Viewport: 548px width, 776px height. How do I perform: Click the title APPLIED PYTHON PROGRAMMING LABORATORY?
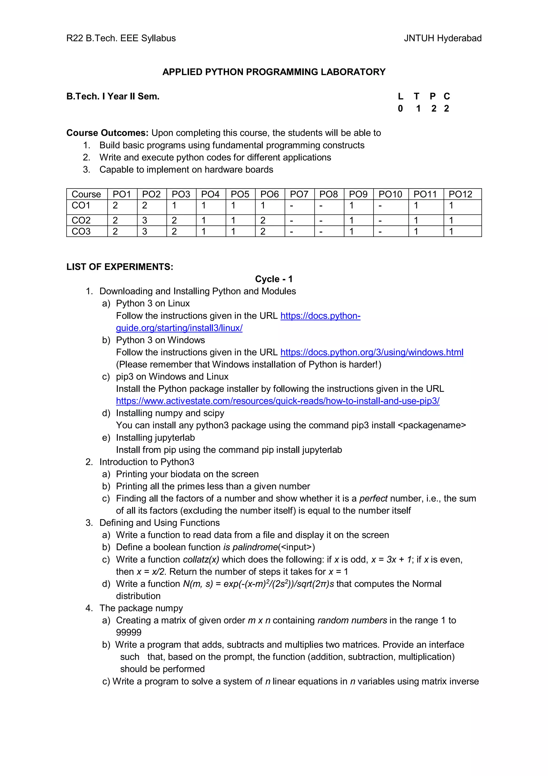tap(274, 72)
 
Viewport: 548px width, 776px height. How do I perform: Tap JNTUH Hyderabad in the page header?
tap(442, 38)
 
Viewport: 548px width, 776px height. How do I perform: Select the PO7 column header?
tap(299, 194)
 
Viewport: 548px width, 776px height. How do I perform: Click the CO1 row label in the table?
tap(81, 205)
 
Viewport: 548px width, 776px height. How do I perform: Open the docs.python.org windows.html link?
tap(371, 352)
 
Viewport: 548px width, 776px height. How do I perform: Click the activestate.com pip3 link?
tap(277, 401)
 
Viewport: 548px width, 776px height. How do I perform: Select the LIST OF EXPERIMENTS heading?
tap(120, 267)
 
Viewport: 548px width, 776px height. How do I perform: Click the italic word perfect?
tap(373, 499)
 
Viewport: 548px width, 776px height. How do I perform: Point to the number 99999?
tap(129, 632)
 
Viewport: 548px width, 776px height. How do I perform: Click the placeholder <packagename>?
tap(432, 425)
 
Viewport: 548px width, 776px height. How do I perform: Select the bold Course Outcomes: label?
tap(107, 133)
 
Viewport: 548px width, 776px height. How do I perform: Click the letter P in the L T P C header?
tap(432, 96)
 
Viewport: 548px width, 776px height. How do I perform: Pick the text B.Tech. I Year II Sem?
tap(113, 96)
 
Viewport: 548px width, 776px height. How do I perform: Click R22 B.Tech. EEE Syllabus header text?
tap(121, 38)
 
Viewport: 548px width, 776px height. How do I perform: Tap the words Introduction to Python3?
tap(147, 462)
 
